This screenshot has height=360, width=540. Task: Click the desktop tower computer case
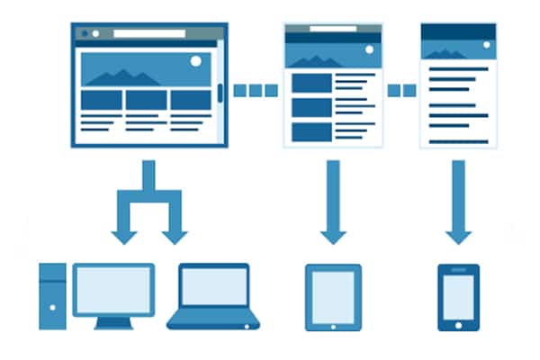click(x=53, y=295)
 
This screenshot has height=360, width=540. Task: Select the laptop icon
click(x=213, y=296)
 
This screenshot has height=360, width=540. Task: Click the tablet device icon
click(x=333, y=297)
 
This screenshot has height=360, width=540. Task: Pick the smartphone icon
click(x=458, y=297)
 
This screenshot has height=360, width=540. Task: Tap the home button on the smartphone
click(x=458, y=323)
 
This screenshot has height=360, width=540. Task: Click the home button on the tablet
click(x=333, y=324)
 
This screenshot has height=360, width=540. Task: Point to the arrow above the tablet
click(x=333, y=202)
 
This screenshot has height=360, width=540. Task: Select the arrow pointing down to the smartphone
click(x=458, y=202)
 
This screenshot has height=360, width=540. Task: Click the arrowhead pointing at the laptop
click(x=175, y=236)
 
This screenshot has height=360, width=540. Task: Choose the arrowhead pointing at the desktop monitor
click(x=123, y=236)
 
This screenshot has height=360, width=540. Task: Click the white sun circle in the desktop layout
click(x=196, y=62)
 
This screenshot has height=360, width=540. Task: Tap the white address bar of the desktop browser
click(x=148, y=33)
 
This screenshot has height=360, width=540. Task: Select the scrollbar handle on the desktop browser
click(x=220, y=94)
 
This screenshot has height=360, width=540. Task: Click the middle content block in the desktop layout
click(x=146, y=99)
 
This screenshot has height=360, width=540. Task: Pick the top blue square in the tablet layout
click(x=311, y=84)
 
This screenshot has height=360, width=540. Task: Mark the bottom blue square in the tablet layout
click(x=311, y=131)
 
